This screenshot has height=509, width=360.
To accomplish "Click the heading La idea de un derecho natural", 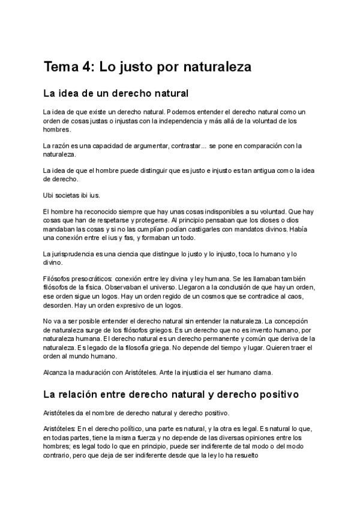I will [x=116, y=94].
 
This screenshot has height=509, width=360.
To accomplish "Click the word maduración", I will [x=92, y=373].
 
